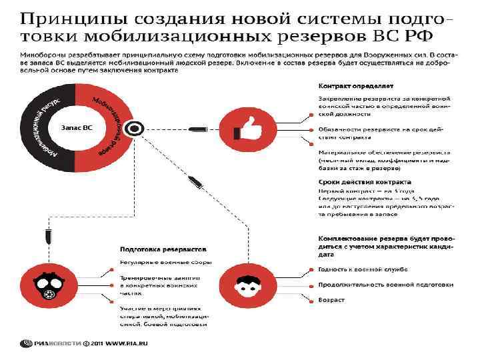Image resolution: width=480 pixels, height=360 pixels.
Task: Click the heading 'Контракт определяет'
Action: point(355,86)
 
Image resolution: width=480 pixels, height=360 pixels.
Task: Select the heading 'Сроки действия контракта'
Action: point(364,182)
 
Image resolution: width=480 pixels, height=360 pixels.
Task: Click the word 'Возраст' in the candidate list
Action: point(331,299)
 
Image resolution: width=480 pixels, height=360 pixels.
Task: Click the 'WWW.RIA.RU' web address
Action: point(126,344)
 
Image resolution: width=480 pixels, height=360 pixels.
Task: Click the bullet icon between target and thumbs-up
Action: point(199,128)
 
